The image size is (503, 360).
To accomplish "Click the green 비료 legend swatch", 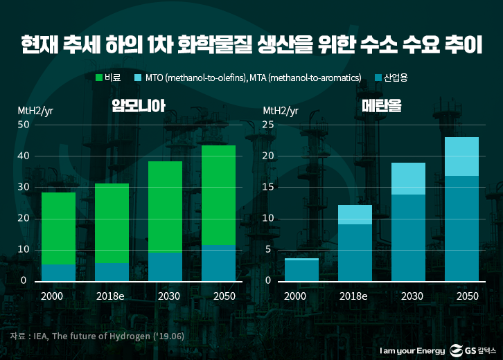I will (98, 78).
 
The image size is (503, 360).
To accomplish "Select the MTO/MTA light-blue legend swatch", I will (139, 78).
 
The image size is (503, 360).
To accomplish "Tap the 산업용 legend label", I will (395, 78).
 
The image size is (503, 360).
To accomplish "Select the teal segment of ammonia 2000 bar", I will (59, 272).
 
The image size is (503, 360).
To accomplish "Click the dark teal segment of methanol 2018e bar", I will (355, 252).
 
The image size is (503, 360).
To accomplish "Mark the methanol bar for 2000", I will (301, 269).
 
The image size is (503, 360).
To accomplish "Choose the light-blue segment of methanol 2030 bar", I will (408, 179).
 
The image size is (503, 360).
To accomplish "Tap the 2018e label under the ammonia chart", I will (111, 296).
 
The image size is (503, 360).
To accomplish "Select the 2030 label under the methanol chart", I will (408, 296).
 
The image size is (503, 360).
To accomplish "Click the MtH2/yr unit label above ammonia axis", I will (35, 110).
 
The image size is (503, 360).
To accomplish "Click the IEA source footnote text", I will (96, 336).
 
